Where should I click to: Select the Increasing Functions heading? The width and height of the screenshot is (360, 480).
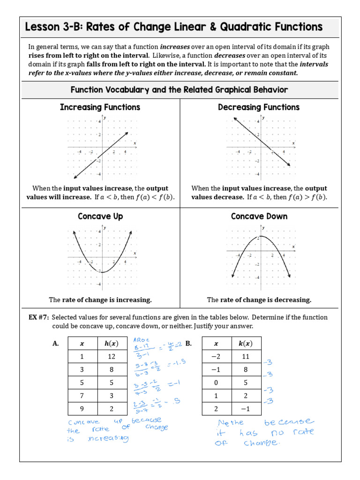(100, 107)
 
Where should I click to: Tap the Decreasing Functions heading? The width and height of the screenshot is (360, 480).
(259, 107)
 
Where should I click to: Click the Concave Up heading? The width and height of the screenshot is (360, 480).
(100, 216)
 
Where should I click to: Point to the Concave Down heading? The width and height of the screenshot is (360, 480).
(259, 216)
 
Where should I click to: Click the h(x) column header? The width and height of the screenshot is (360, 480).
(112, 343)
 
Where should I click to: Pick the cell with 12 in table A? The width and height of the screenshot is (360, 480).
(112, 356)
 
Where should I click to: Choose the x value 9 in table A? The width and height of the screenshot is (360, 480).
(82, 409)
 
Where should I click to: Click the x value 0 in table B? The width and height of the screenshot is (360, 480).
(216, 382)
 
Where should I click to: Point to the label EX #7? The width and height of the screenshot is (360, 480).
(39, 317)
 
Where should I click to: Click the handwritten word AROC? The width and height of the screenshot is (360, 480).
(141, 340)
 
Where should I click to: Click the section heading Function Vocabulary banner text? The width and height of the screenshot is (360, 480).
(180, 90)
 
